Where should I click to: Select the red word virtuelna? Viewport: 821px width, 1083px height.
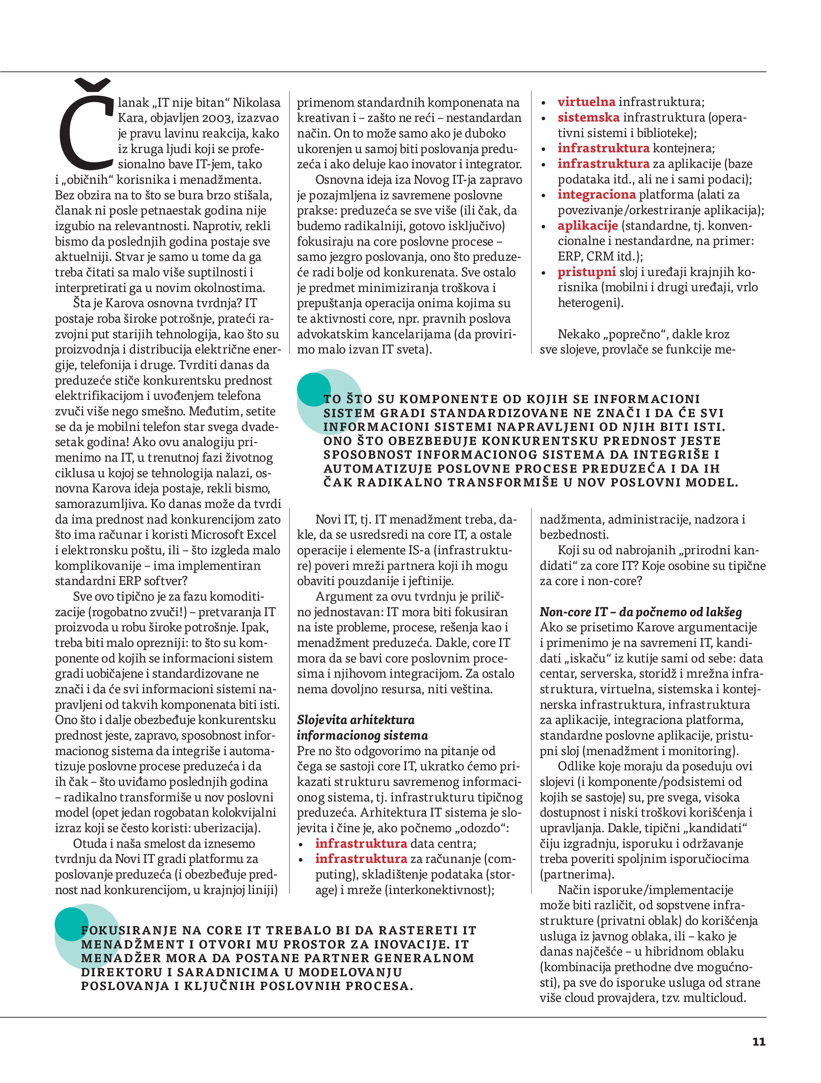tap(586, 102)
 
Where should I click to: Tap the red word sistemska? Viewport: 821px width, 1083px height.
tap(588, 117)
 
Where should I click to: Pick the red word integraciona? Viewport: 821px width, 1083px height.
tap(596, 195)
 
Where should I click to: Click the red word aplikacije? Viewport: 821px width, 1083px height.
tap(587, 226)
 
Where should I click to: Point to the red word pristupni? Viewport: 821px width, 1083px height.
tap(586, 272)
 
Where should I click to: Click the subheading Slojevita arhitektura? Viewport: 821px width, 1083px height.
tap(355, 720)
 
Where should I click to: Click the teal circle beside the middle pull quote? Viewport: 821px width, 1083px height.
tap(314, 389)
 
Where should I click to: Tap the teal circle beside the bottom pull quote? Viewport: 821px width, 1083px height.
tap(72, 923)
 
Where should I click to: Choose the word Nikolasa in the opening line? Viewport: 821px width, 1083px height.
tap(256, 102)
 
